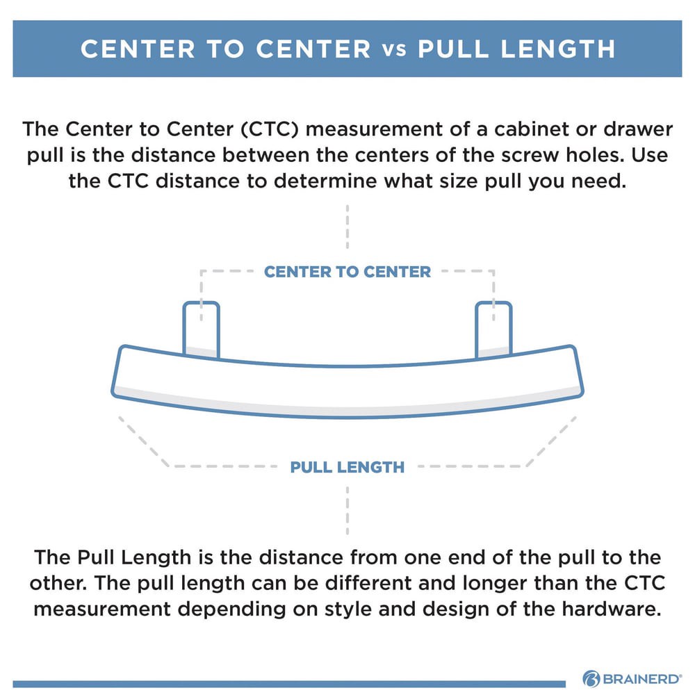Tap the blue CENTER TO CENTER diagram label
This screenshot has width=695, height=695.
[347, 271]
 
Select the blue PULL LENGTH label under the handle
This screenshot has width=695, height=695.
[347, 466]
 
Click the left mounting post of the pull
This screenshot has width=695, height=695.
[201, 328]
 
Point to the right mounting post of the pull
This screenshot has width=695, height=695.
[493, 328]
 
